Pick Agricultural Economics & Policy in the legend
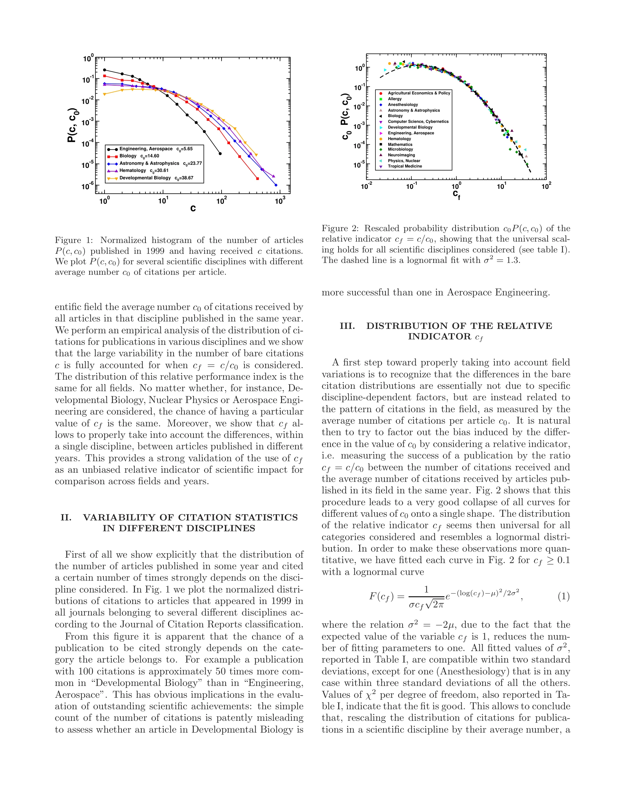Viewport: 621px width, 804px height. click(419, 93)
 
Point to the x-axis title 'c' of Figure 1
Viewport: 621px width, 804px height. click(193, 208)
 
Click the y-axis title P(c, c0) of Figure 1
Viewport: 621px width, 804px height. click(72, 125)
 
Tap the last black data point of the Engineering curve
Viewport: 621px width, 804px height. click(220, 154)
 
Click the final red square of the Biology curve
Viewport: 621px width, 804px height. click(257, 179)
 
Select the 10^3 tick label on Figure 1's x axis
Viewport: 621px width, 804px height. click(280, 201)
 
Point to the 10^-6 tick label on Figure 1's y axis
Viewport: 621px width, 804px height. click(88, 186)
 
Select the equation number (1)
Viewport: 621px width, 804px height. click(563, 596)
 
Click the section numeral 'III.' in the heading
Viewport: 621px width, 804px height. click(347, 326)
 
